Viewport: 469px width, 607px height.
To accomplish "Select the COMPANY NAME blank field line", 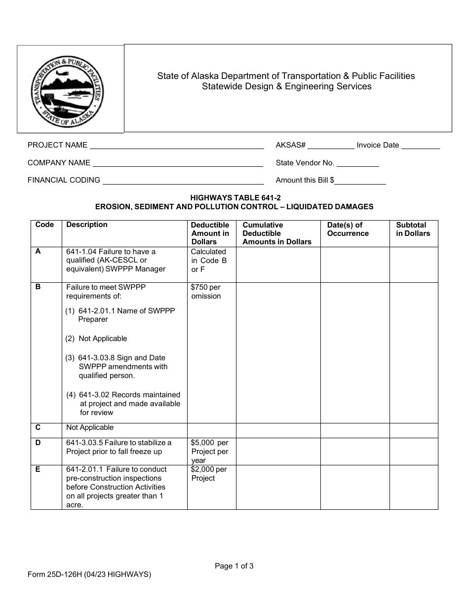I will tap(178, 163).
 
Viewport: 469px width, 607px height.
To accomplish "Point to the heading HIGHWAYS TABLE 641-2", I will tap(234, 197).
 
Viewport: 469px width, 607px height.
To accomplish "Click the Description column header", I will tap(87, 225).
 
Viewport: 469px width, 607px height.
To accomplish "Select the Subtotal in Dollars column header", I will tap(413, 229).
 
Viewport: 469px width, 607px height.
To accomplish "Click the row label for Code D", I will tap(39, 443).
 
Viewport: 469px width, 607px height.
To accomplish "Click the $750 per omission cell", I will tap(206, 292).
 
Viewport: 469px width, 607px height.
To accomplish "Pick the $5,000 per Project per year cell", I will tap(210, 452).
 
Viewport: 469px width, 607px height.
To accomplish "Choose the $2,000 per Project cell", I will tap(209, 474).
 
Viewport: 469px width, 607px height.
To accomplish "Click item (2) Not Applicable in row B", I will tap(97, 339).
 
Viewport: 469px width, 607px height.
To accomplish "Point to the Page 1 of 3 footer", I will tap(234, 566).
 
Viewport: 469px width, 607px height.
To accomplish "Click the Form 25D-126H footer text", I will tap(89, 574).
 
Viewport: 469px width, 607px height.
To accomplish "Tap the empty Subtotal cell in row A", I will tap(413, 265).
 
